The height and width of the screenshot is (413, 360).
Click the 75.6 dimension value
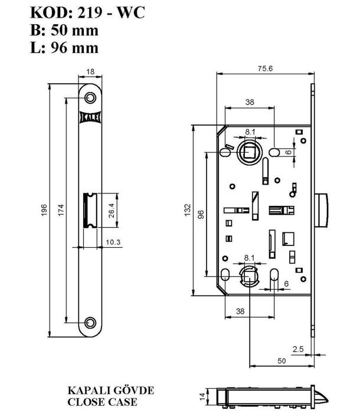[x=265, y=68]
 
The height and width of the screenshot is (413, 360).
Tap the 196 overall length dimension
[x=44, y=210]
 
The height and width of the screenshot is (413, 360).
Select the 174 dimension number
[x=61, y=210]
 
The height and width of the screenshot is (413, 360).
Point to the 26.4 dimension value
[x=112, y=210]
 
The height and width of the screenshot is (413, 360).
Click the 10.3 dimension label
[x=113, y=242]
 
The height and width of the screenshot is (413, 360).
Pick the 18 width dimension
[x=90, y=71]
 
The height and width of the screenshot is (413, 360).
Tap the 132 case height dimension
[x=188, y=210]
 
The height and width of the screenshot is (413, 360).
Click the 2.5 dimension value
[x=298, y=349]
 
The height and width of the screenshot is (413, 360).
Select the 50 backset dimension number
[x=282, y=360]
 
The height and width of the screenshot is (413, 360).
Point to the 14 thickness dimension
[x=202, y=396]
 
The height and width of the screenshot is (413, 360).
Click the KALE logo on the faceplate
[x=90, y=117]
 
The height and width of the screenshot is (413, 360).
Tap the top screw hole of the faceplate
[x=90, y=98]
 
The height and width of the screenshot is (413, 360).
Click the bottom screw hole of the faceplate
[x=90, y=322]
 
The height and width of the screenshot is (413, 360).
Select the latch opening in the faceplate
[x=90, y=210]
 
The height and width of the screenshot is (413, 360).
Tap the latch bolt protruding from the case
[x=321, y=210]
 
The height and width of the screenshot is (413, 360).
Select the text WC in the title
[x=131, y=12]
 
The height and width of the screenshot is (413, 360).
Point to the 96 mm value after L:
[x=74, y=48]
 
